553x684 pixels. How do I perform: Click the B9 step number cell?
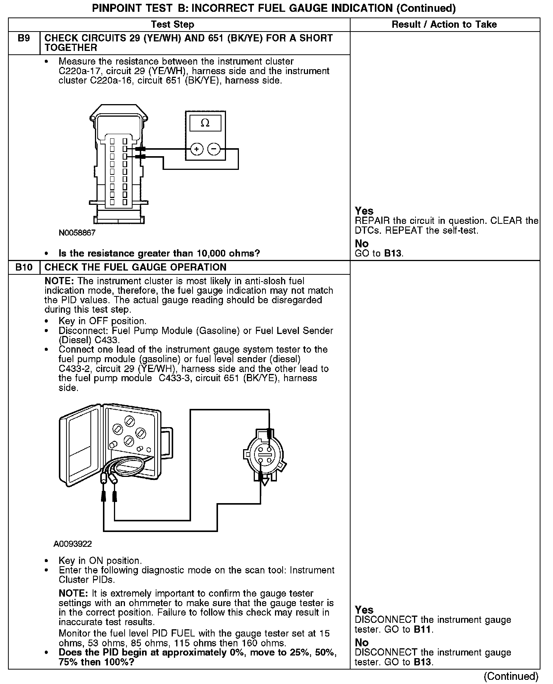coord(24,38)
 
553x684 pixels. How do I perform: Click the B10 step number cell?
coord(24,267)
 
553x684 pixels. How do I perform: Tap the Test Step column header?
coord(172,25)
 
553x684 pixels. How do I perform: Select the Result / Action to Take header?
coord(444,25)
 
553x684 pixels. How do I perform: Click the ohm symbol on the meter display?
coord(205,123)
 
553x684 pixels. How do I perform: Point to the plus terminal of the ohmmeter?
coord(196,149)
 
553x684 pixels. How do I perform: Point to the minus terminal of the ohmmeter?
coord(214,149)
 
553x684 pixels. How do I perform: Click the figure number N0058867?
coord(77,233)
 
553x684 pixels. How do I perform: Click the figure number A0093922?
coord(73,544)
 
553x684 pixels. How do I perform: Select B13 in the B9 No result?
coord(393,253)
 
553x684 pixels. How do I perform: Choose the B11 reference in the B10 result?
coord(423,629)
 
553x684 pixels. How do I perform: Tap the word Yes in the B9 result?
coord(364,211)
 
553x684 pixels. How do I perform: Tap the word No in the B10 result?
coord(362,643)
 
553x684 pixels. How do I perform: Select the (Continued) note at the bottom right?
coord(511,676)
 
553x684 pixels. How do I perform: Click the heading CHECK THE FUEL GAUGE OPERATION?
coord(135,267)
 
